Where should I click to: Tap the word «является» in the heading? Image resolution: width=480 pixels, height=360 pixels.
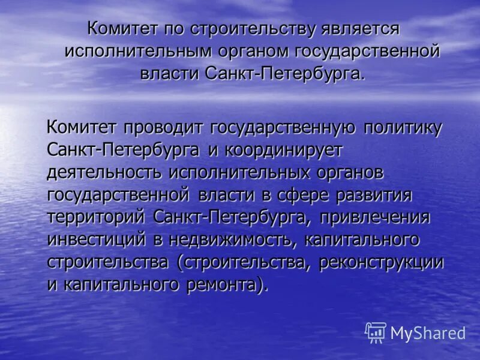[x=355, y=29]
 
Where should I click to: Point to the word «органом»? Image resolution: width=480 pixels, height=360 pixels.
[x=254, y=51]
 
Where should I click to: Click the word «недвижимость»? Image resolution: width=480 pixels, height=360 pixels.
[x=243, y=239]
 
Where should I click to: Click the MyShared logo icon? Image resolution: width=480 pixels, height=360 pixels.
[x=376, y=332]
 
